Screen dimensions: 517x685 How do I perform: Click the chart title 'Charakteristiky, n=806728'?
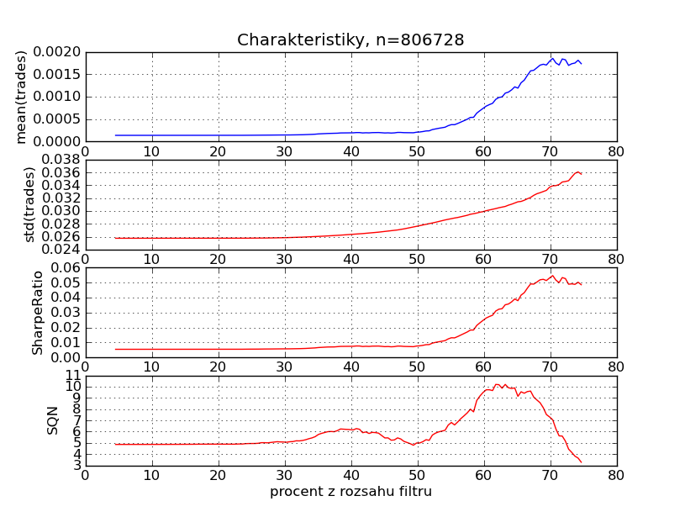(x=350, y=40)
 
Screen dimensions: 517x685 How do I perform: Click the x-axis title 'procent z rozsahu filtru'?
(x=350, y=492)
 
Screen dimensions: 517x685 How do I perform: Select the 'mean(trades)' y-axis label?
(x=22, y=97)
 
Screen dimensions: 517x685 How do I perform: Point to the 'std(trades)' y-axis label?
(x=29, y=204)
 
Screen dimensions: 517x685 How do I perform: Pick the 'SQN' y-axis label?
(x=52, y=420)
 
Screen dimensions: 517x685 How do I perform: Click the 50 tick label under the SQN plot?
(x=417, y=475)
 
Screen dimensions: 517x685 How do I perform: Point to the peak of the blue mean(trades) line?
(x=552, y=58)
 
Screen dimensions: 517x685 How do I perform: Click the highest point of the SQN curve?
(x=497, y=384)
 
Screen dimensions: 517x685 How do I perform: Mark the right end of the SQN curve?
(x=581, y=462)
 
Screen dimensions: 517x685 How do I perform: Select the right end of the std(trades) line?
(x=581, y=173)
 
